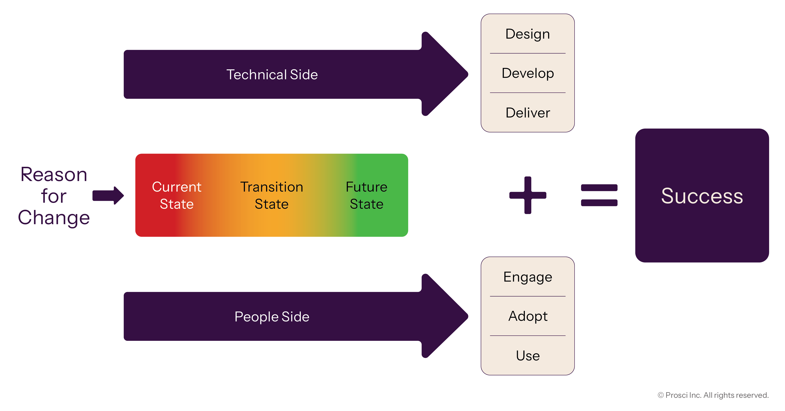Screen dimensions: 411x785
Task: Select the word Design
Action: (x=528, y=34)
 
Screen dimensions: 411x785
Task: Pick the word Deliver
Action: (x=528, y=113)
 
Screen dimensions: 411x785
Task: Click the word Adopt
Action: (x=528, y=316)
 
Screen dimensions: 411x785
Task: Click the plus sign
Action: (x=528, y=195)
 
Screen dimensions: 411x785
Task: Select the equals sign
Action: (x=599, y=195)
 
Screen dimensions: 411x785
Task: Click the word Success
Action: (x=702, y=196)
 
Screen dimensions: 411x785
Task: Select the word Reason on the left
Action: (x=54, y=175)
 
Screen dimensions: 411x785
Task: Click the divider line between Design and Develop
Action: (x=528, y=53)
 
